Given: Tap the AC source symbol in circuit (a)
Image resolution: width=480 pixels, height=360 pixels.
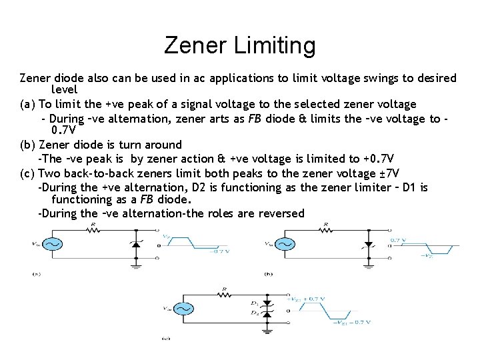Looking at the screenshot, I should coord(52,244).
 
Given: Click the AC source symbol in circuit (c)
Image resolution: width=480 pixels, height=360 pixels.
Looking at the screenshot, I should coord(183,309).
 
